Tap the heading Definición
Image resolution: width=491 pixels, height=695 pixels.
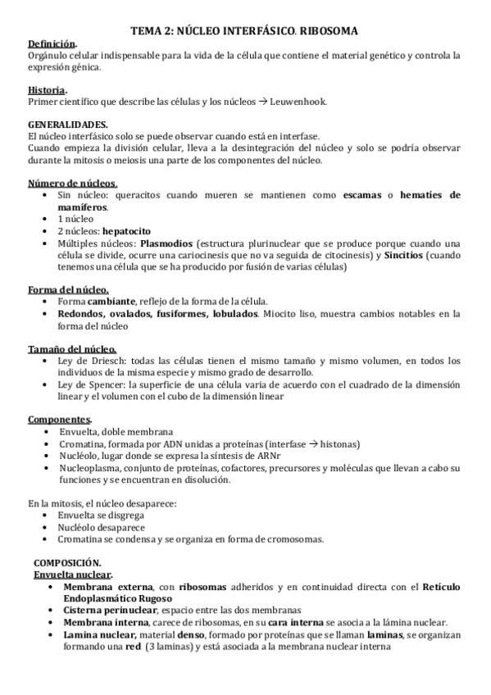point(53,44)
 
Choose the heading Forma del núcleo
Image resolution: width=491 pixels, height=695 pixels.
point(69,290)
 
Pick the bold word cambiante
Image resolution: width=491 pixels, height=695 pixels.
point(111,302)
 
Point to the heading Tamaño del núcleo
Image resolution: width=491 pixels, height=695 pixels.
point(72,348)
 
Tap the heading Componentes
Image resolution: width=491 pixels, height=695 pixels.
point(59,419)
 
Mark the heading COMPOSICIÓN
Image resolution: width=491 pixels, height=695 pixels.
point(67,564)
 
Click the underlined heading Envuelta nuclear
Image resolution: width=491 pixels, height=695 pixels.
point(73,575)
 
